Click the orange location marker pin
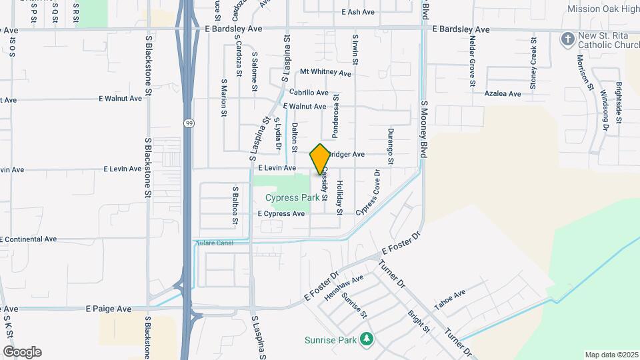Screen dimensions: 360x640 (320, 159)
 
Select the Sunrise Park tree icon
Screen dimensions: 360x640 (365, 340)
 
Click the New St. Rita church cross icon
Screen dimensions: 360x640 (567, 40)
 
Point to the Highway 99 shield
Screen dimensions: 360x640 (189, 124)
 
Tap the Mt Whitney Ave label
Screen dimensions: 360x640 (325, 72)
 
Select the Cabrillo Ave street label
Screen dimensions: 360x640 (309, 93)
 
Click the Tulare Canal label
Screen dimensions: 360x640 (216, 243)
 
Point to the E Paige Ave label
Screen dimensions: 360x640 (109, 309)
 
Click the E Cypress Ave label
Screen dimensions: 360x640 (281, 214)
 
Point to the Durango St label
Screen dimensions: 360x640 (391, 147)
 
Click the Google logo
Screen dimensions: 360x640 (22, 352)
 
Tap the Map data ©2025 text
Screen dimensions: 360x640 (610, 355)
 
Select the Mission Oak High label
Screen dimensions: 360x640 (603, 9)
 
